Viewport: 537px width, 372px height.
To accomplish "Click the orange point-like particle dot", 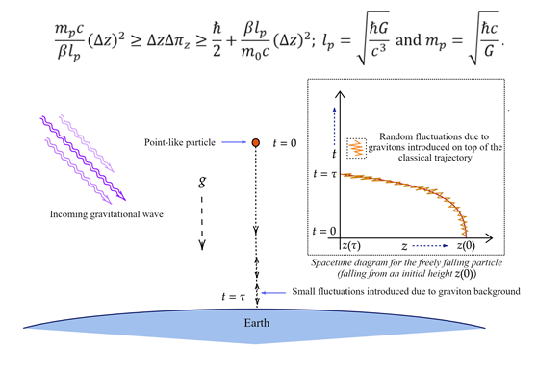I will pyautogui.click(x=256, y=143).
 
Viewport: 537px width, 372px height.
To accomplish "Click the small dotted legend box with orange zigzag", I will pyautogui.click(x=357, y=148).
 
